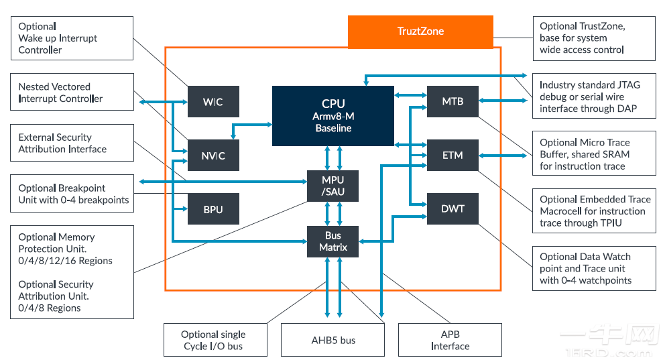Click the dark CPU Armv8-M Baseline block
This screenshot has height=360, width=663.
333,115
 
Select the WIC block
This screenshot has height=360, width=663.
213,102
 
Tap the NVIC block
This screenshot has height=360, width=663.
213,156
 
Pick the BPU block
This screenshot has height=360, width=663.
213,209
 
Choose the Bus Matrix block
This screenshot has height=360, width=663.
333,241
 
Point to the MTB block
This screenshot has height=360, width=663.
453,102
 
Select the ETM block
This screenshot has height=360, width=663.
453,156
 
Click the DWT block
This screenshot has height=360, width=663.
453,208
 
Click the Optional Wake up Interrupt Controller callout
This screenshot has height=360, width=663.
71,38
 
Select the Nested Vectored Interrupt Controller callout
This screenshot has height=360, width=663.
71,93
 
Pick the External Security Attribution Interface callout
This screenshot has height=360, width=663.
71,143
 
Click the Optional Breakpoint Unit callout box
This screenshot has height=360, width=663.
71,194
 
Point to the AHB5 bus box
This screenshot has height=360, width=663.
333,340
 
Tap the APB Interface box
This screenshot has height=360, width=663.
450,340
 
